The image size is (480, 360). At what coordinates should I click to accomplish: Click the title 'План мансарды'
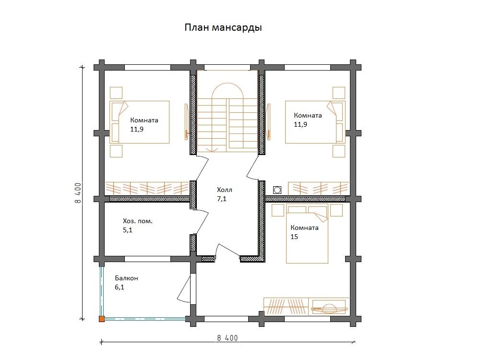223,27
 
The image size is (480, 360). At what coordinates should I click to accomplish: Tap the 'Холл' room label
224,190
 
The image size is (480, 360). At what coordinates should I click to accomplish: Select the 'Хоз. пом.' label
137,221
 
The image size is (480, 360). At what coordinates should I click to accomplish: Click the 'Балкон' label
126,278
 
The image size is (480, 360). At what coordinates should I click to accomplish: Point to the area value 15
294,237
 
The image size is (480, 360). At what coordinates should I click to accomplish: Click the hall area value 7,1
222,199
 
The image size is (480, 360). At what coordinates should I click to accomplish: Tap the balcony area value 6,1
120,287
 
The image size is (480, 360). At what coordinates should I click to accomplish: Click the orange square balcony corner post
102,319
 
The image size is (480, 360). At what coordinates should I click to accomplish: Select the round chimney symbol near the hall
277,190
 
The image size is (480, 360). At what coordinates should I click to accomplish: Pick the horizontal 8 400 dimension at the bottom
227,338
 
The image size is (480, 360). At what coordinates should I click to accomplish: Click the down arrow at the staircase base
212,149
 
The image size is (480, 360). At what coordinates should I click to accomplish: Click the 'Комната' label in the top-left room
144,120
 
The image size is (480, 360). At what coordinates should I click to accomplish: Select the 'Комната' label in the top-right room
308,115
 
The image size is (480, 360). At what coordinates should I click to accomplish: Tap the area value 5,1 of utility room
128,230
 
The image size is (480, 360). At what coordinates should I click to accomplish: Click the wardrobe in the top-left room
147,189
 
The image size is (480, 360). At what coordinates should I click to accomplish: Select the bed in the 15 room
307,234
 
